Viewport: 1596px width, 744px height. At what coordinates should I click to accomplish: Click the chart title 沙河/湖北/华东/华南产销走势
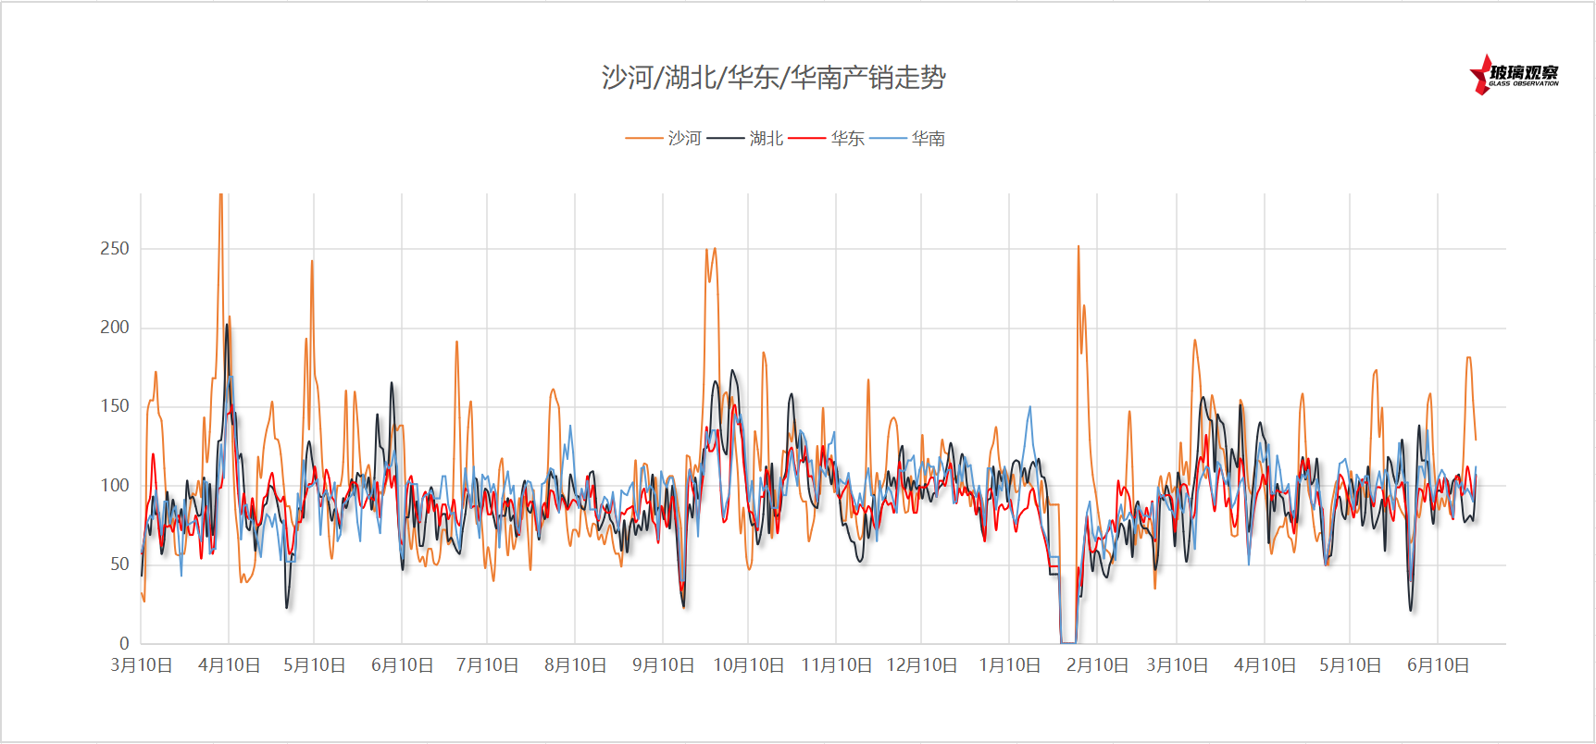click(773, 77)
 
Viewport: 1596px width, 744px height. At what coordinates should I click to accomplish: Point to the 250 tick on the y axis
click(115, 248)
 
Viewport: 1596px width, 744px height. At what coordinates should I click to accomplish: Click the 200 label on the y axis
click(115, 327)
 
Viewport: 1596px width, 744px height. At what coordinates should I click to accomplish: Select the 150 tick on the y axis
click(115, 405)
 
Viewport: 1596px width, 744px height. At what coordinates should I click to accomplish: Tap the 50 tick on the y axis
click(119, 564)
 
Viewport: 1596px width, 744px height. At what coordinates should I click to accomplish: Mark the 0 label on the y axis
click(124, 643)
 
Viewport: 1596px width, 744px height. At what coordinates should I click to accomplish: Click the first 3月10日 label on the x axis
click(142, 665)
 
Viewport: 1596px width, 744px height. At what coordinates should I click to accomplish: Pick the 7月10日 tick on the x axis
click(487, 665)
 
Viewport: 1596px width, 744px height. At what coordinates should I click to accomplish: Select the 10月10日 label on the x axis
click(748, 665)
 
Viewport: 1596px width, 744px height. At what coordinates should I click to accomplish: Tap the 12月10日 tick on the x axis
click(921, 665)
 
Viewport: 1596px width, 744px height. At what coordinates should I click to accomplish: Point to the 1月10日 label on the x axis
click(1009, 665)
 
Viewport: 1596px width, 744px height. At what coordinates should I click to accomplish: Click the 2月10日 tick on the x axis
click(1097, 665)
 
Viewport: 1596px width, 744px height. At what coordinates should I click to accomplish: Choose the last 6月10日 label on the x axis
click(1438, 665)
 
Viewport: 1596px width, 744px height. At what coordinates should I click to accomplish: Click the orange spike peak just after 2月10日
click(1078, 246)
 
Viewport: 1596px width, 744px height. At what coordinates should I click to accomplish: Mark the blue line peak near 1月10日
click(1029, 407)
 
